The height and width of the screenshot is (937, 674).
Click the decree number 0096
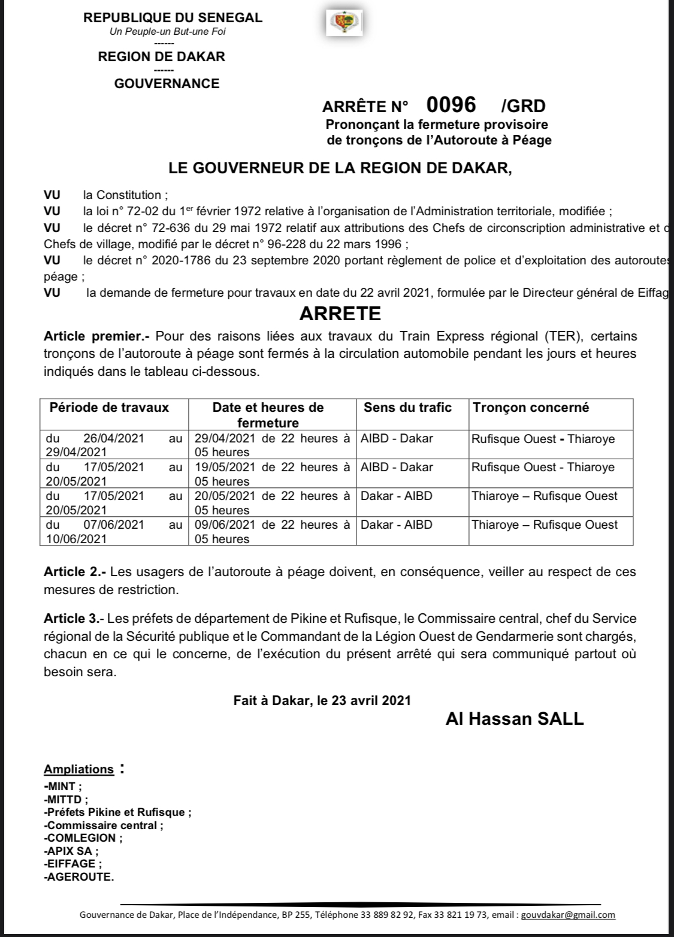[x=451, y=105]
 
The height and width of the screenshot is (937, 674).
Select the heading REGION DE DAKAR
[x=162, y=57]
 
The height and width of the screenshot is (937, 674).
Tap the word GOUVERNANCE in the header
[x=167, y=83]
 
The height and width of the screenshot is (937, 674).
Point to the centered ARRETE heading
[x=340, y=313]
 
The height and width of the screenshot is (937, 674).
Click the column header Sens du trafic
[x=407, y=408]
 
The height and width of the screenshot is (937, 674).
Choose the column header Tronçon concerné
[x=531, y=408]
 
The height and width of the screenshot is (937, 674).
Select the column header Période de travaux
[x=109, y=408]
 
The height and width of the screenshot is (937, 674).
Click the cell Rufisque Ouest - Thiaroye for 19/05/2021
[x=543, y=467]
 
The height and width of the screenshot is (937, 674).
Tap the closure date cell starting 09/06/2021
[x=273, y=531]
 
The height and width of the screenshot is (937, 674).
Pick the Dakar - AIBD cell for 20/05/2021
[x=396, y=496]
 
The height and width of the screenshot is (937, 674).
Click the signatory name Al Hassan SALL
[x=514, y=719]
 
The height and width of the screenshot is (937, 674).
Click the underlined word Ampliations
[x=78, y=769]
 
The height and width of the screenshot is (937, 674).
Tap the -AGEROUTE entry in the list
[x=78, y=876]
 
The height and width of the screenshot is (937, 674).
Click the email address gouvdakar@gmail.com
[x=568, y=915]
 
